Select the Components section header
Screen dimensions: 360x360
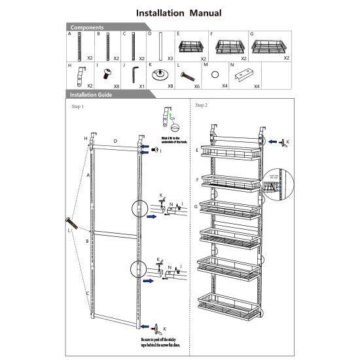tap(87, 27)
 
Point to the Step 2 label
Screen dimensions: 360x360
tap(202, 105)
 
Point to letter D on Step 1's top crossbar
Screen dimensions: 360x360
tap(115, 141)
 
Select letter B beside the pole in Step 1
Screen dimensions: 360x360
tap(87, 241)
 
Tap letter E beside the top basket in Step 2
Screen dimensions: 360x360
tap(197, 151)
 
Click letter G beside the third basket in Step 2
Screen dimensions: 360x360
tap(197, 207)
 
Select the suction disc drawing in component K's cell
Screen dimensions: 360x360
tap(159, 74)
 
